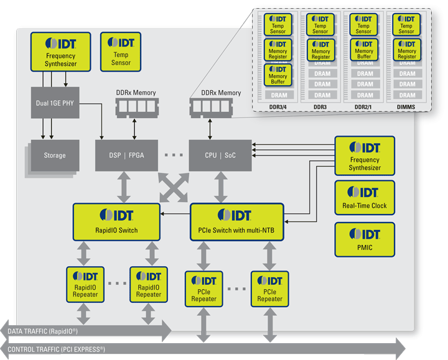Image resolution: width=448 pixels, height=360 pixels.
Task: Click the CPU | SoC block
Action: (x=220, y=155)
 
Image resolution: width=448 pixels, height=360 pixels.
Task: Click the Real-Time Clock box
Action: (x=365, y=198)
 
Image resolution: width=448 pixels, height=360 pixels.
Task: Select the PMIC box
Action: (x=365, y=239)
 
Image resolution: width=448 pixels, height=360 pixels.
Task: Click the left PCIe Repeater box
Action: (x=203, y=288)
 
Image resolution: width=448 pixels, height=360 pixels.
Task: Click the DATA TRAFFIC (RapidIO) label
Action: (x=43, y=331)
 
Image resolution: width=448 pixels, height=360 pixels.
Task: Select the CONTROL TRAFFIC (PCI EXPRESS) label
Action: (x=56, y=349)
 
